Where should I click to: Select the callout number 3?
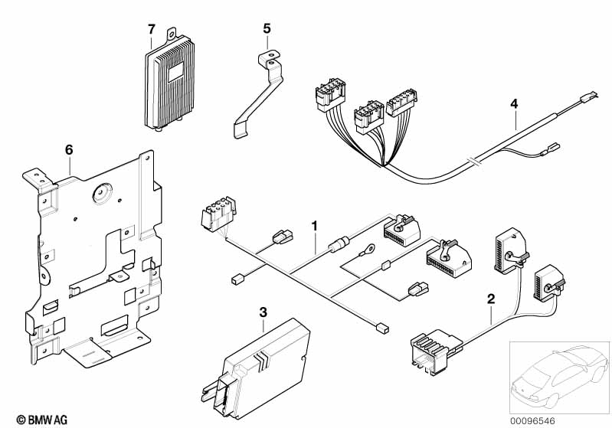coord(263,312)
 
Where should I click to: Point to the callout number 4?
coord(515,103)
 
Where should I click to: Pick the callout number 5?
coord(267,28)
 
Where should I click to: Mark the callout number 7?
coord(152,30)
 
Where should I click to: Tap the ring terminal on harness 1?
coord(370,248)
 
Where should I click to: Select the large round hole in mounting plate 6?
coord(100,193)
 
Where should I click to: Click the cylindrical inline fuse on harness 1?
coord(338,247)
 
